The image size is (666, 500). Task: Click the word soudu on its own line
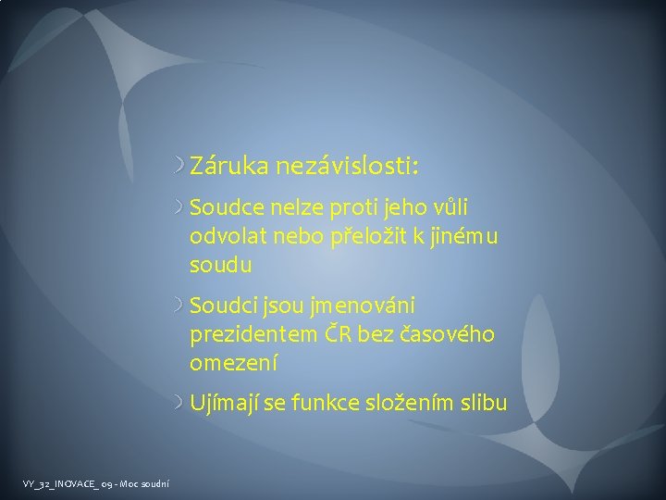pos(220,265)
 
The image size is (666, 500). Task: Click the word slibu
pos(483,403)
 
